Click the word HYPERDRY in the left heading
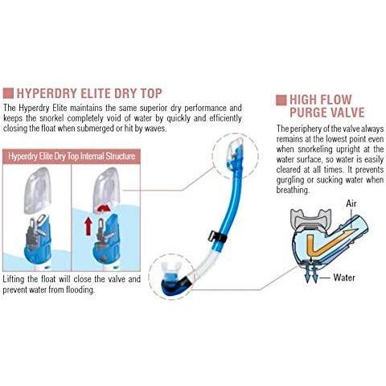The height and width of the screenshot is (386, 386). point(47,93)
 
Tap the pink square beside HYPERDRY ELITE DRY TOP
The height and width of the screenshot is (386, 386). point(8,93)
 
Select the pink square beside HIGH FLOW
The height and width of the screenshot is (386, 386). point(281,100)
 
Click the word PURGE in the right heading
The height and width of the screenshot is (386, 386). point(309,113)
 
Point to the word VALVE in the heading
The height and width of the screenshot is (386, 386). point(348,113)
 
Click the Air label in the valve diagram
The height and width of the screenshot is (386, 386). point(351,203)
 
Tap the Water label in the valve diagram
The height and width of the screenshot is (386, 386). point(344,277)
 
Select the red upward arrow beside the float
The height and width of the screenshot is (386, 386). point(88,226)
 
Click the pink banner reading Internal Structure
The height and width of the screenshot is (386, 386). point(72,156)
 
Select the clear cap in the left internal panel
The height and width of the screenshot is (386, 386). point(37,190)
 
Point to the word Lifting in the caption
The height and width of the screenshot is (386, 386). point(14,279)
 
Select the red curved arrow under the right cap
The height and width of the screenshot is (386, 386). point(105,208)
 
